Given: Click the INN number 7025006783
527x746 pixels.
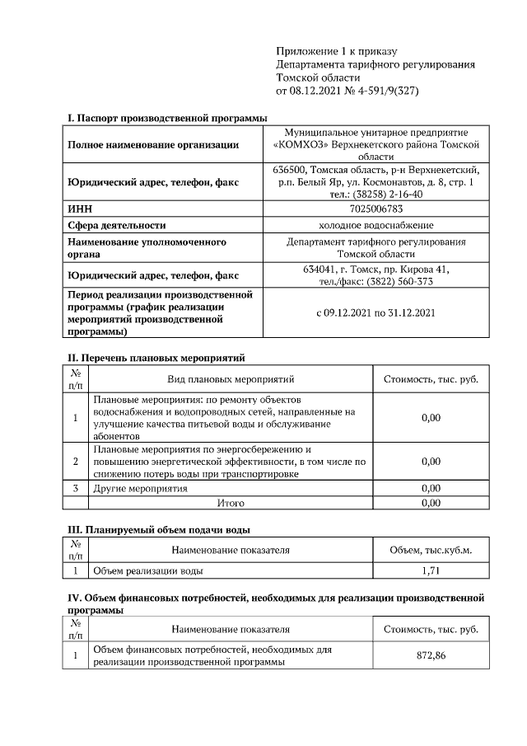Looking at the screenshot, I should click(x=375, y=209).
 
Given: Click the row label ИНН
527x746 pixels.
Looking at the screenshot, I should click(x=80, y=209).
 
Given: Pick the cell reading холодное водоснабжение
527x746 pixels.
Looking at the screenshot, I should click(x=375, y=225).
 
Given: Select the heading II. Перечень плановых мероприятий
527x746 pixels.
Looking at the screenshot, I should click(x=156, y=358).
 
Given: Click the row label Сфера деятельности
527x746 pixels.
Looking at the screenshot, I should click(x=117, y=225).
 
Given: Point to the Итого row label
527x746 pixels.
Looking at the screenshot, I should click(x=230, y=502).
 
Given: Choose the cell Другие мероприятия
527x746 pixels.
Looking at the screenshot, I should click(x=141, y=488).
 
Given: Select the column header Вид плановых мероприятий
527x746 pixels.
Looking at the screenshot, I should click(x=231, y=379).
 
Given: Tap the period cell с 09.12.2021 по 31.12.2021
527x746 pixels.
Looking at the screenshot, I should click(x=375, y=313).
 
